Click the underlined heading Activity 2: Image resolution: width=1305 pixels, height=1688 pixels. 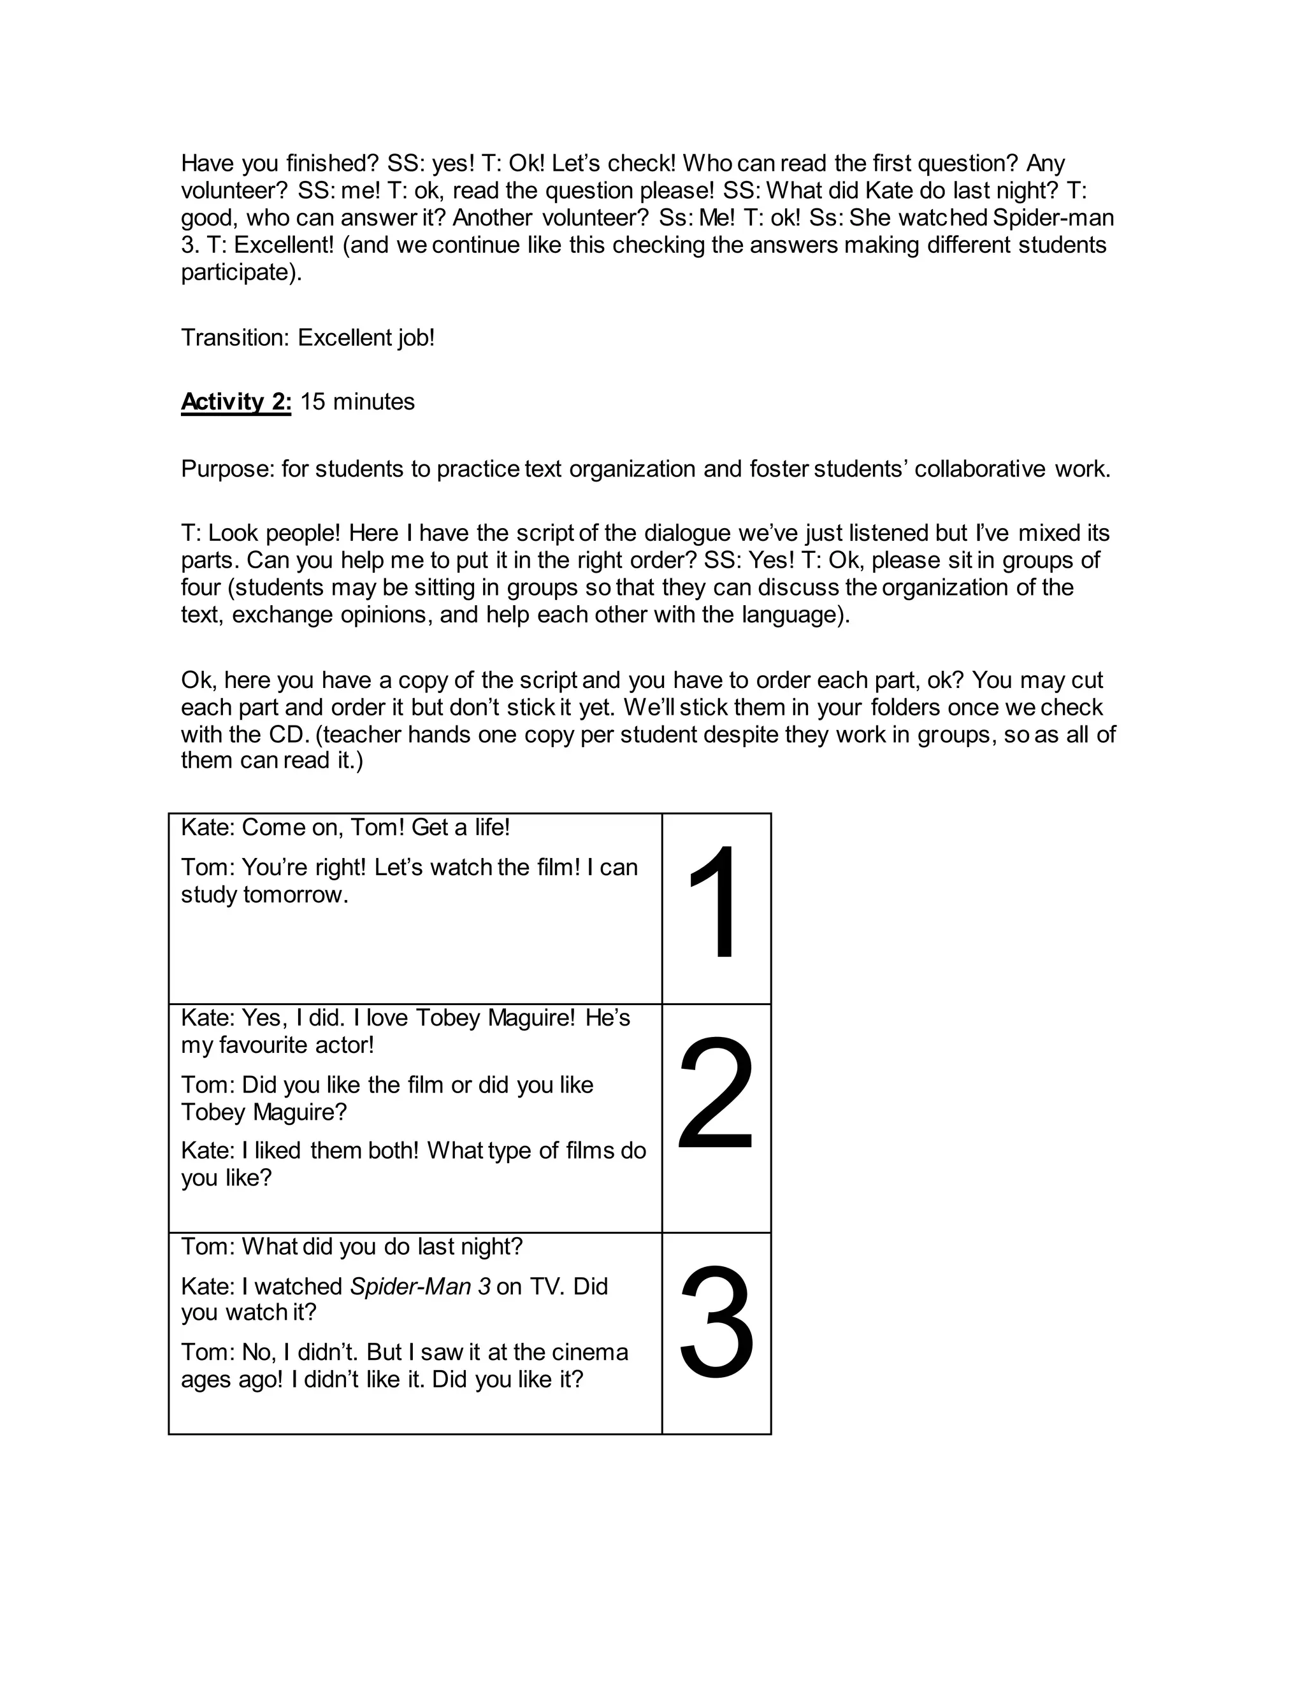[236, 402]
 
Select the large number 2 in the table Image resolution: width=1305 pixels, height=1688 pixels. [715, 1094]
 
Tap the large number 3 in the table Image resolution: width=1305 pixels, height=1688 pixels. [716, 1322]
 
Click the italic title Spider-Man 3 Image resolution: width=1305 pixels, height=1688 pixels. [420, 1286]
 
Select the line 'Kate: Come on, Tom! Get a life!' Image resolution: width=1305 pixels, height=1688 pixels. [345, 828]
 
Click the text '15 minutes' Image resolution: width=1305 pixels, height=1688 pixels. [357, 402]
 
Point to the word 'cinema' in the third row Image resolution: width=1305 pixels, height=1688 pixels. [591, 1352]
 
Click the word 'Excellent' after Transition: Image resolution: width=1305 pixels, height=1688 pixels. [345, 338]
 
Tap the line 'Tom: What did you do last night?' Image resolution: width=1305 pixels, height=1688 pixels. [352, 1247]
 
